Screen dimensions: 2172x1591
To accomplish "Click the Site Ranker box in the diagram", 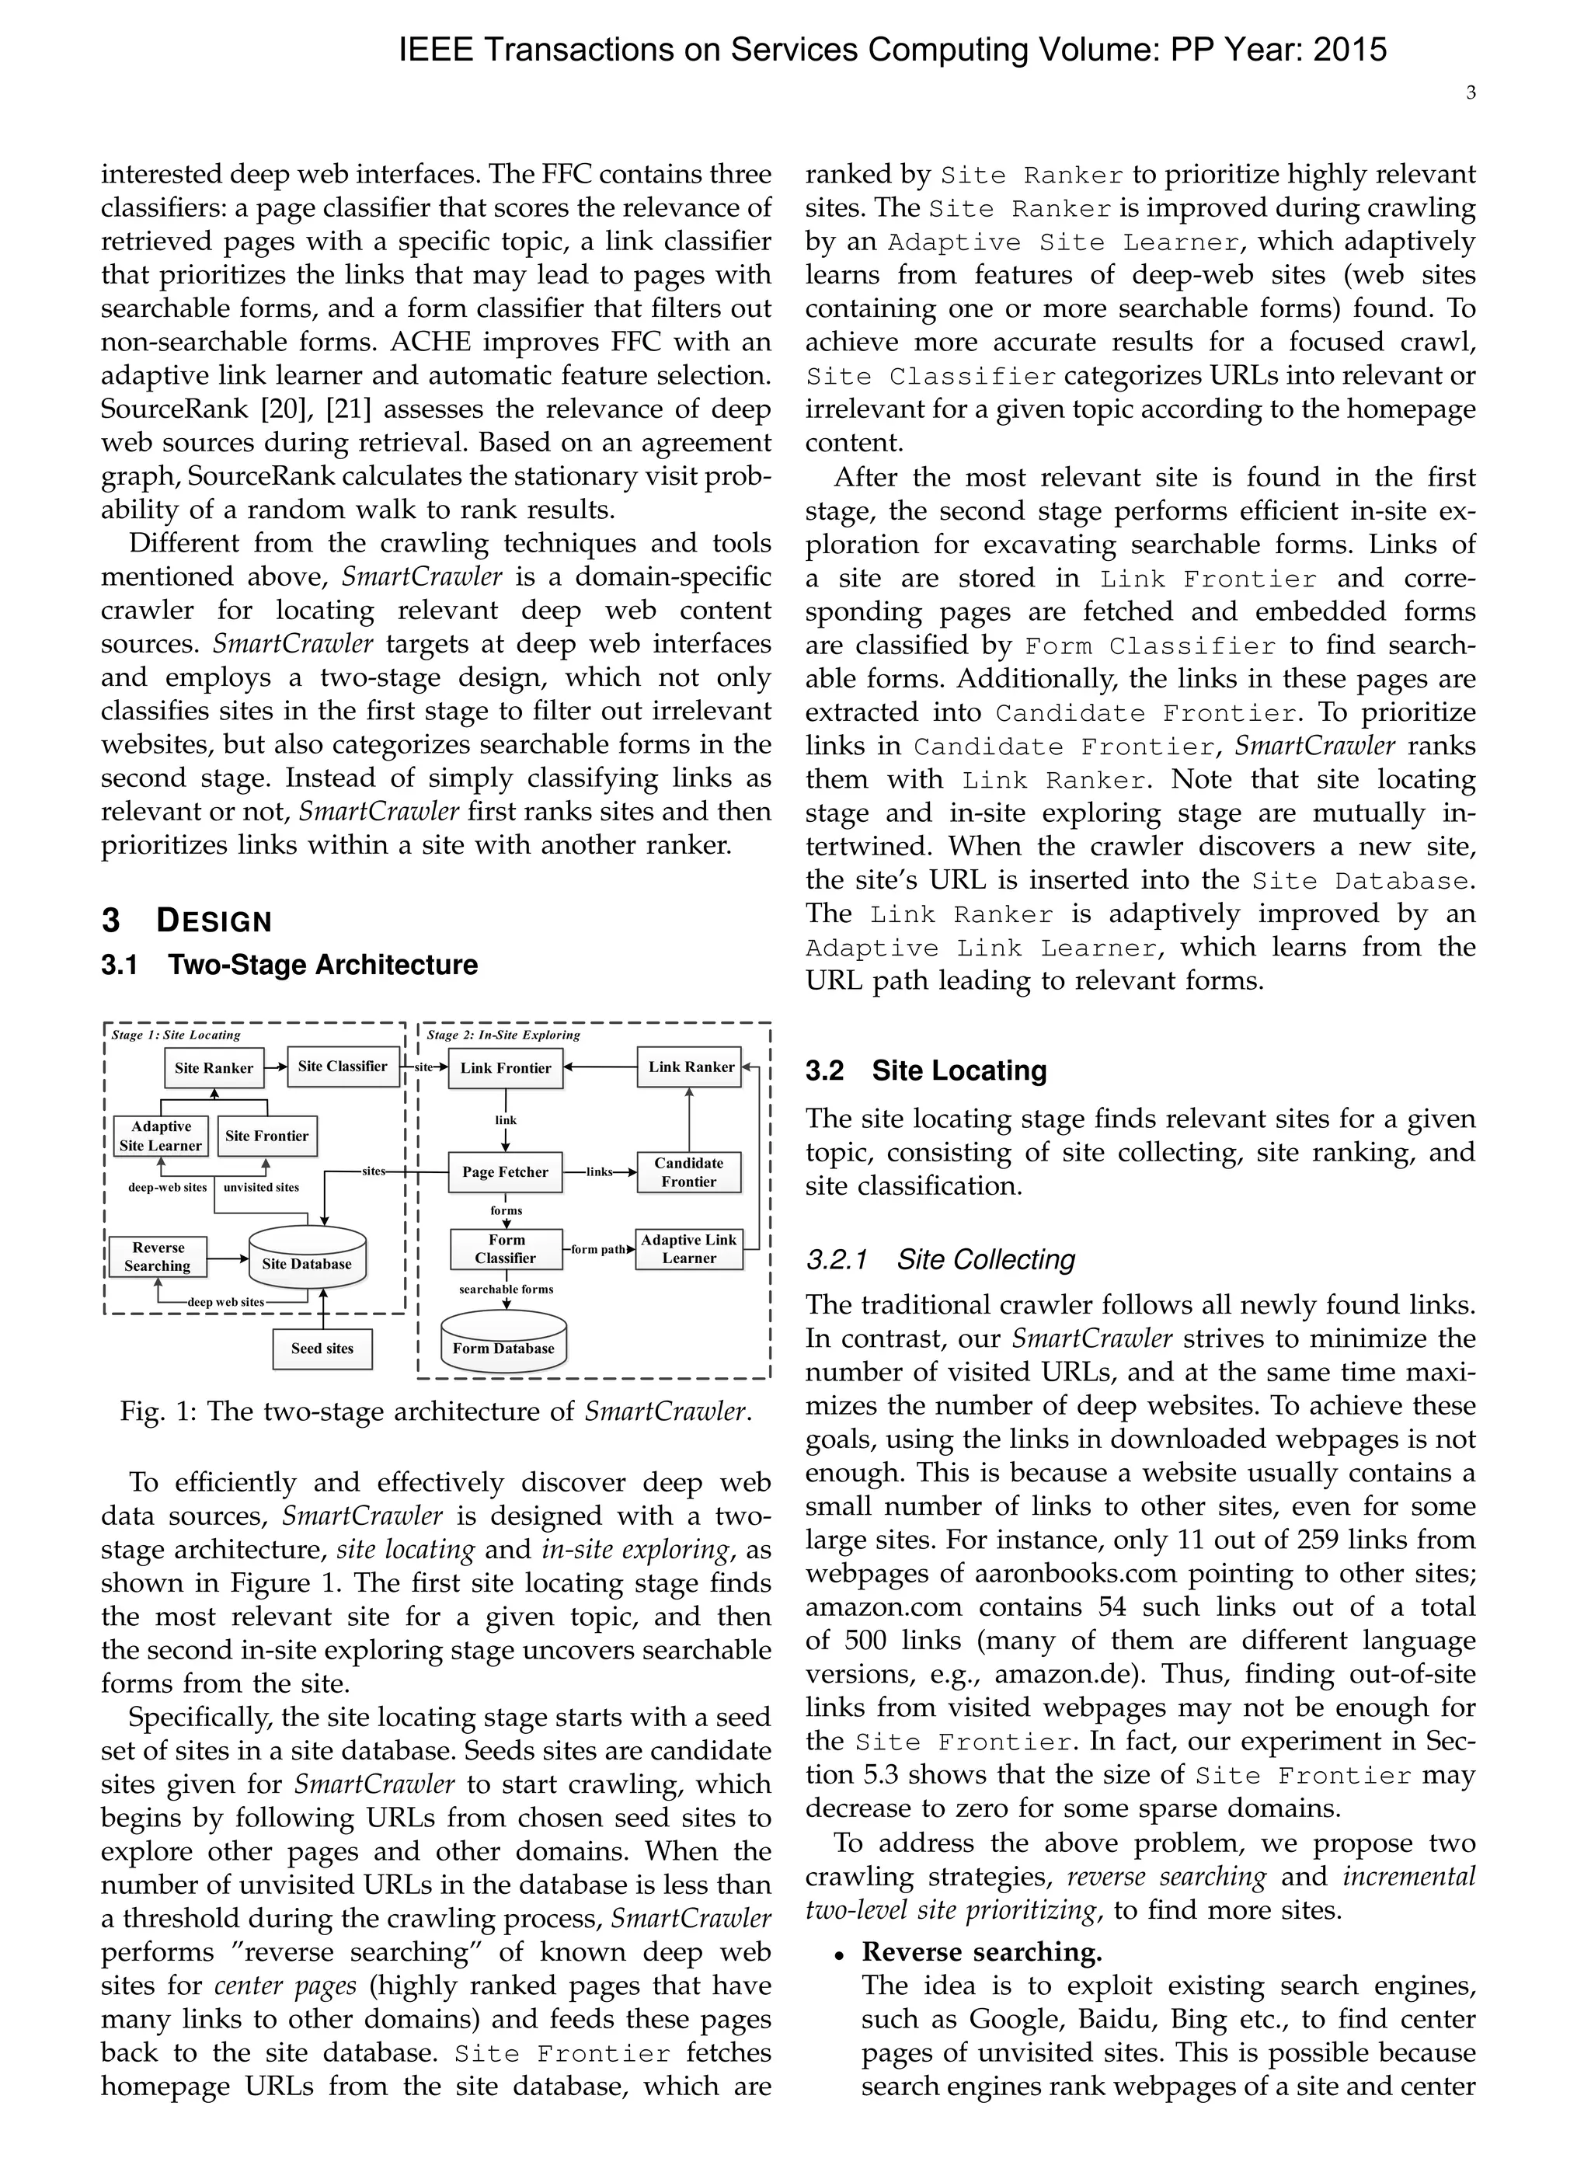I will tap(214, 1067).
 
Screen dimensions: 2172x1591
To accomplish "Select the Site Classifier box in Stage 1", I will tap(343, 1067).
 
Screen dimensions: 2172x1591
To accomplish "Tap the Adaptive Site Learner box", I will tap(161, 1136).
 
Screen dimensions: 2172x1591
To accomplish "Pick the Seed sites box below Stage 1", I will tap(322, 1349).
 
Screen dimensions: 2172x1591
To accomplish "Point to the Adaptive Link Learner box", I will tap(688, 1248).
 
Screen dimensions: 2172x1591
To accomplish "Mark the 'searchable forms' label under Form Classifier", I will tap(506, 1290).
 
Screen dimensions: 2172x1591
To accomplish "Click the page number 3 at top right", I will tap(1471, 93).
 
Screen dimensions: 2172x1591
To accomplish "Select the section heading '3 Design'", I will tap(187, 921).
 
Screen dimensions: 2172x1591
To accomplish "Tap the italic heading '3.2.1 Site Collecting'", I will tap(940, 1259).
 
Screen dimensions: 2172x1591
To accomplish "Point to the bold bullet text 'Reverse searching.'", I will tap(981, 1951).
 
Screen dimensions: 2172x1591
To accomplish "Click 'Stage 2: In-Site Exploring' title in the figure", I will tap(503, 1035).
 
